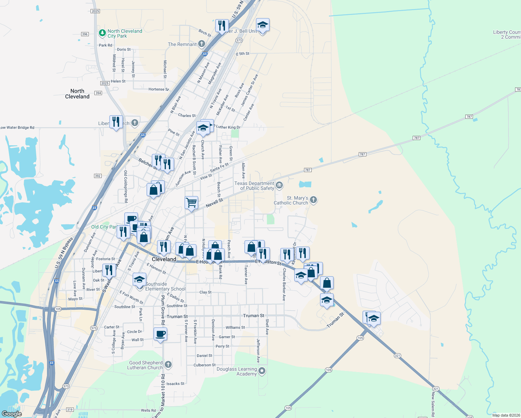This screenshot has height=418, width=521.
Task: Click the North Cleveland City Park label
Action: click(125, 33)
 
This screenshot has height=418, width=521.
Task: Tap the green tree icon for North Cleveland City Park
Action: click(102, 33)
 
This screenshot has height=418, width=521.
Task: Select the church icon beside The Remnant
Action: click(202, 44)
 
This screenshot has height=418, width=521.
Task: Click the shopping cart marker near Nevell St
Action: click(191, 202)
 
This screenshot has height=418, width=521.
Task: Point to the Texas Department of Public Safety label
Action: click(254, 186)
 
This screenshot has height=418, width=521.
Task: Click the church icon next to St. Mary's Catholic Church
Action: click(313, 200)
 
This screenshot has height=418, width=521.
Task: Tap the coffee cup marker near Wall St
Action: click(160, 334)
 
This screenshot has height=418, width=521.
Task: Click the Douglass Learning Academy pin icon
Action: click(262, 371)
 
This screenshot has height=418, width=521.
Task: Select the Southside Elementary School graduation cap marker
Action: click(139, 279)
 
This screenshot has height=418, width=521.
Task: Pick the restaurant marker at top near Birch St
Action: click(221, 25)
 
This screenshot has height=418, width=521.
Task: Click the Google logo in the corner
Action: click(12, 413)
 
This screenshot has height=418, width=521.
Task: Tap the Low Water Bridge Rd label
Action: click(17, 127)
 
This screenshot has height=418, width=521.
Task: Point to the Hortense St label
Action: click(158, 89)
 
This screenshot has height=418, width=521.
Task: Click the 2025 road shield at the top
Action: click(95, 11)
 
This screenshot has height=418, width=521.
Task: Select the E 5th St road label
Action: click(243, 54)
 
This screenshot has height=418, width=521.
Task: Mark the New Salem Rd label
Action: click(433, 404)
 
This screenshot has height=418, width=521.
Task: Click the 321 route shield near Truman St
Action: click(397, 356)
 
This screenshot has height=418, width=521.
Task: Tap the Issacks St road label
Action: click(175, 384)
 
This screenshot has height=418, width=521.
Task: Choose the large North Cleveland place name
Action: click(77, 94)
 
